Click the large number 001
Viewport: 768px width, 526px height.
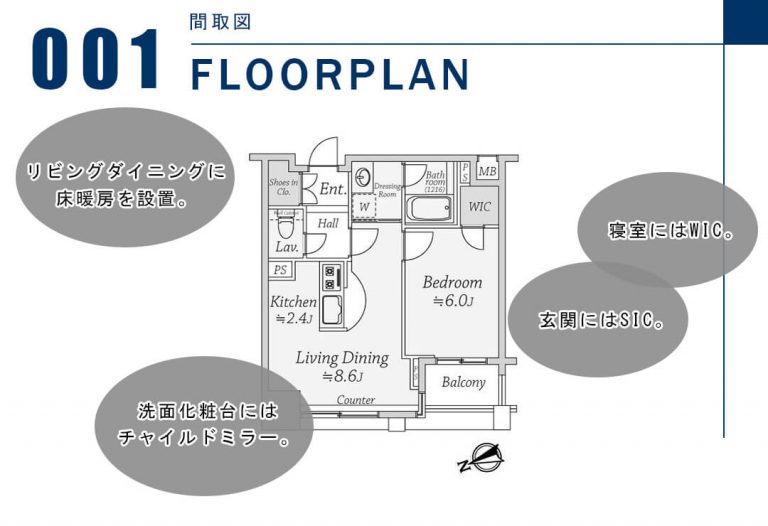coord(97,60)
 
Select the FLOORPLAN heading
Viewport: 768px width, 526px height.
coord(329,75)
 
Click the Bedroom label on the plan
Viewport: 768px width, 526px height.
coord(452,282)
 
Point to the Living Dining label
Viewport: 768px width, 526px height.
coord(342,357)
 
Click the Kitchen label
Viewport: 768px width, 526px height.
coord(294,302)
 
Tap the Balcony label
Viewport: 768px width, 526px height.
coord(463,382)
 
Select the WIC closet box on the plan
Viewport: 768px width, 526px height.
coord(480,207)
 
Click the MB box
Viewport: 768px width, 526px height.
coord(487,171)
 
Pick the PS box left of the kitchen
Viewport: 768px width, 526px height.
coord(280,270)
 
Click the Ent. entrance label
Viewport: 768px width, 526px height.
coord(333,188)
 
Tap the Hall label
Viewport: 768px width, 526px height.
coord(327,224)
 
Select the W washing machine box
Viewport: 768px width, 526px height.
coord(364,207)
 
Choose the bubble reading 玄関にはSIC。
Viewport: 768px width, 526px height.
coord(599,320)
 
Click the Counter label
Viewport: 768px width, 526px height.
coord(355,400)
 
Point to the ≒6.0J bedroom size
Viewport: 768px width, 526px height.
coord(452,300)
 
